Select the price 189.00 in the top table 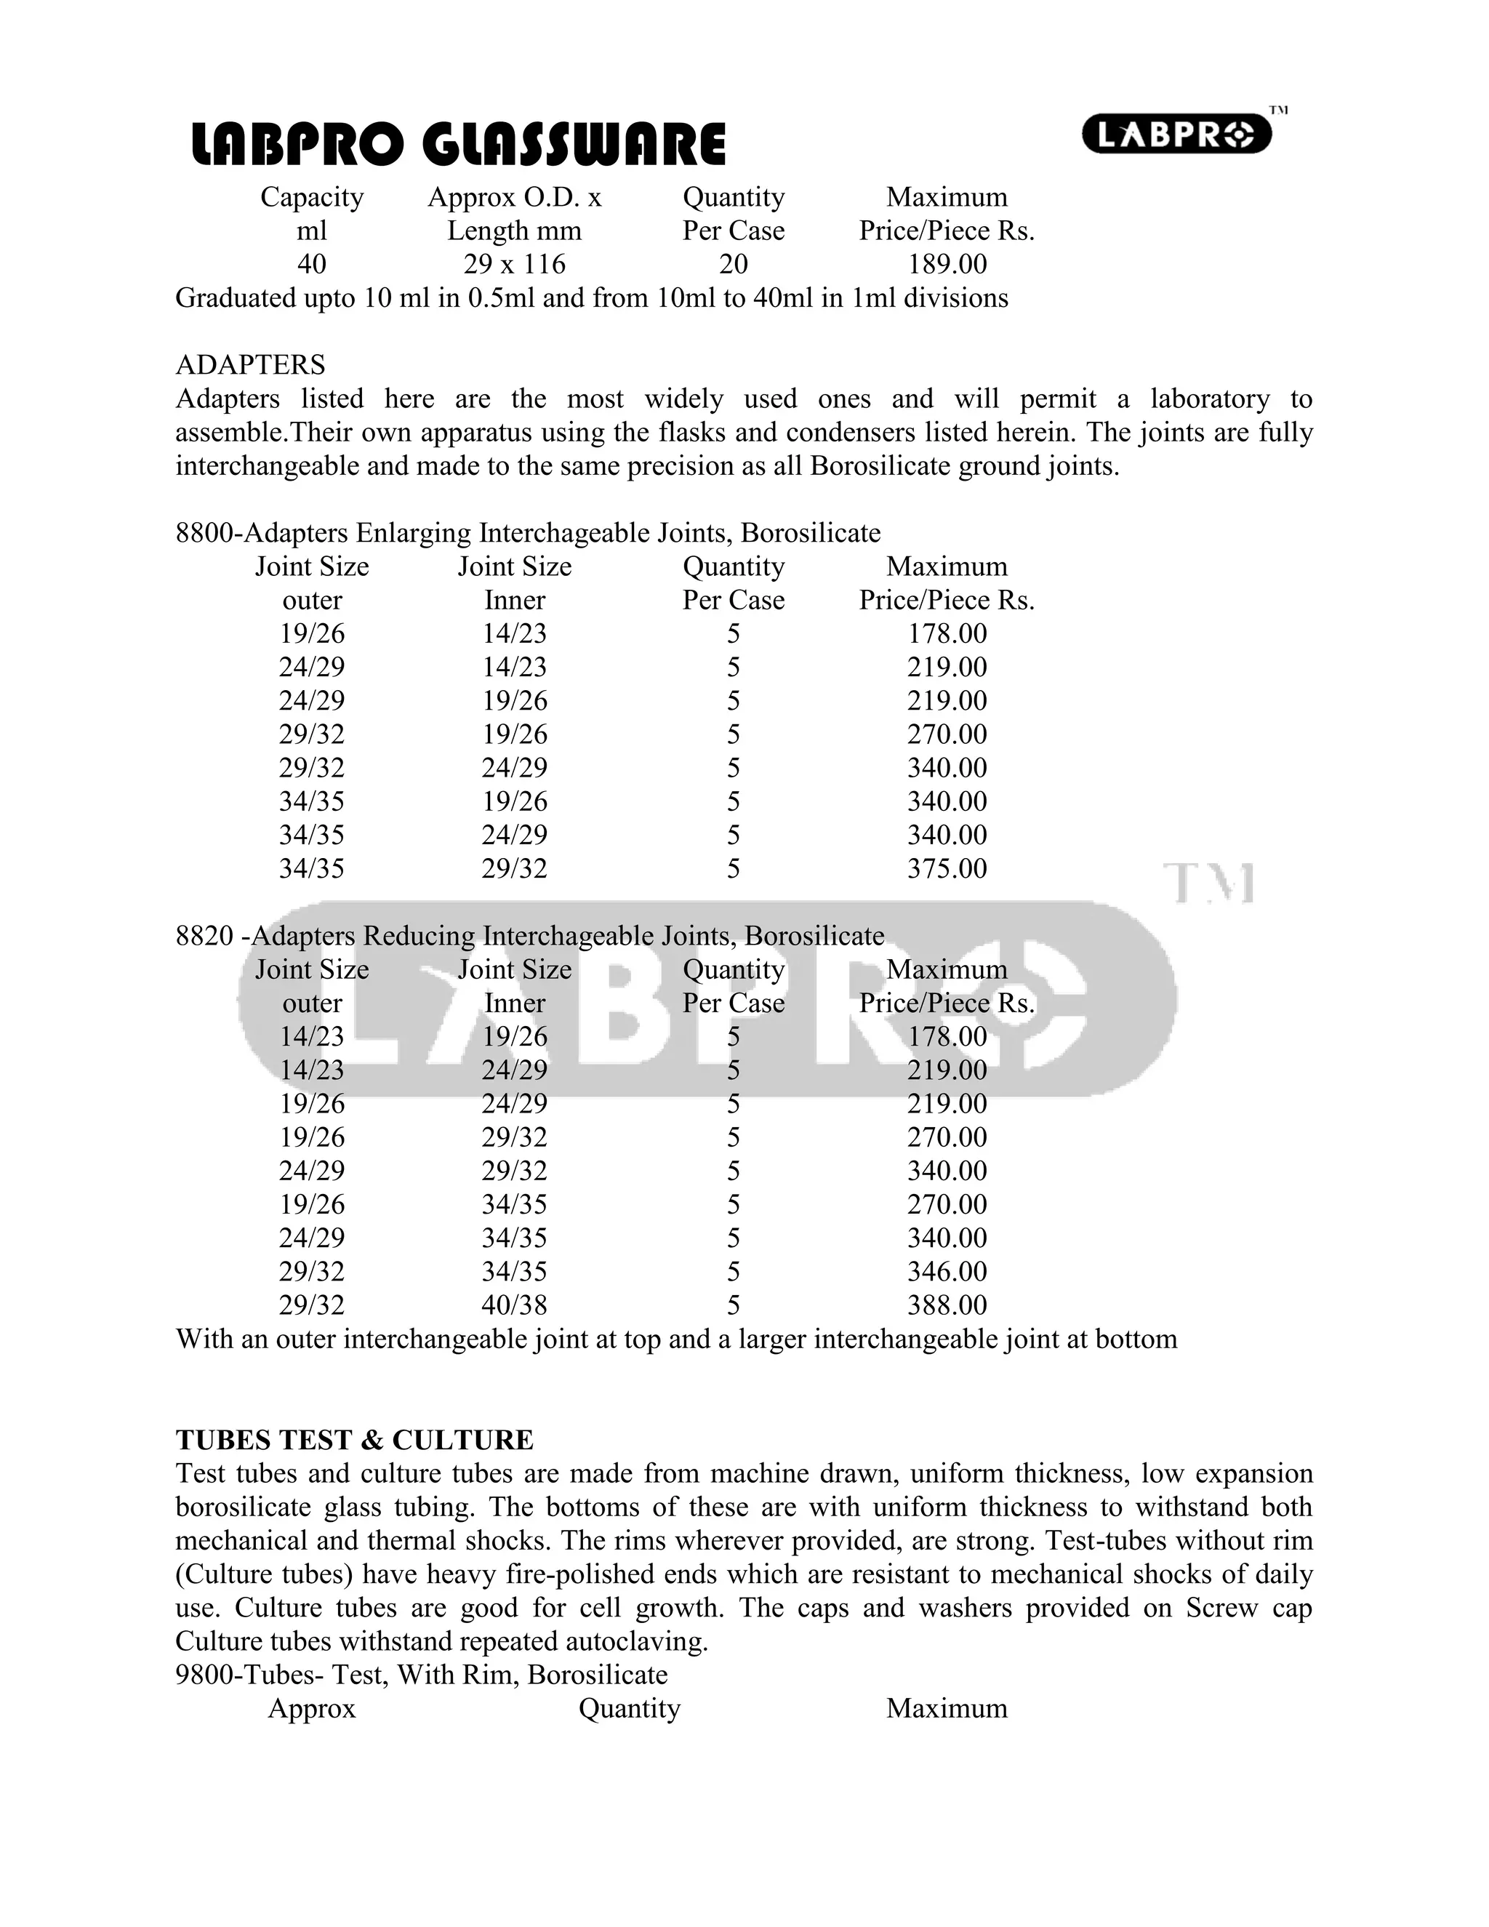click(x=947, y=264)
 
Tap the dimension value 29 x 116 click(x=514, y=264)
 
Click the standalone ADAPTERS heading click(x=251, y=364)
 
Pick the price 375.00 click(x=947, y=868)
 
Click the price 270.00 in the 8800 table click(x=947, y=734)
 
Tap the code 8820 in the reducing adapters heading click(x=204, y=936)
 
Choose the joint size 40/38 click(x=514, y=1305)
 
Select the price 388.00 click(x=947, y=1305)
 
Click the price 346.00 click(x=947, y=1271)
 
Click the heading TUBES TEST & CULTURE click(x=355, y=1440)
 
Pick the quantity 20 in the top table click(x=733, y=264)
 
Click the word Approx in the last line click(x=311, y=1708)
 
